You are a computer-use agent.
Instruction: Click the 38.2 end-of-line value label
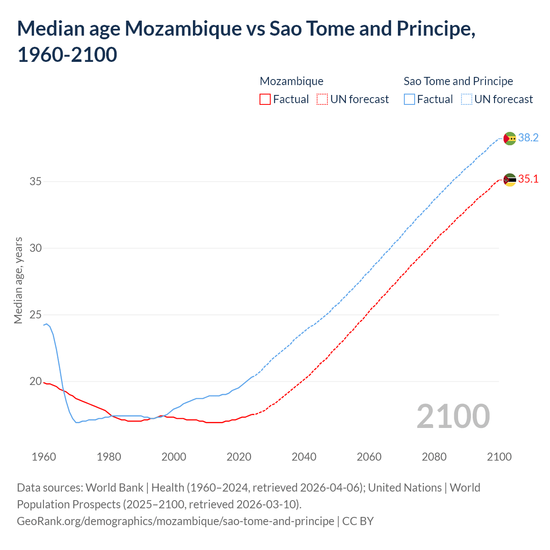528,137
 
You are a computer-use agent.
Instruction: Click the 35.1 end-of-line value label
528,179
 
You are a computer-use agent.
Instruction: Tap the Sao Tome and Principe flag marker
510,138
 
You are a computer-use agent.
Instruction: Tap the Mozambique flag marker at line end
510,180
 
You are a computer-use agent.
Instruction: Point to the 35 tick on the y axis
36,181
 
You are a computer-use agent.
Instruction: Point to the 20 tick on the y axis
36,382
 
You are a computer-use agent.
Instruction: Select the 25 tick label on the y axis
36,315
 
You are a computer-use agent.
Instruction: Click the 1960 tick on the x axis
44,457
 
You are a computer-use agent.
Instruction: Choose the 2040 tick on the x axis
304,457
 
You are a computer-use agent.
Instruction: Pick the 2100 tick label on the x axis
499,457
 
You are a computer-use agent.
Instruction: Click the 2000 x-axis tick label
174,457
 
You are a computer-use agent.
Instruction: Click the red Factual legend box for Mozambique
265,99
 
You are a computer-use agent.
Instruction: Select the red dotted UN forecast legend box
322,99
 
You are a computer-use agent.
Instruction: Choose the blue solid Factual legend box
409,99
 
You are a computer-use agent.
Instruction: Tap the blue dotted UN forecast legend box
467,99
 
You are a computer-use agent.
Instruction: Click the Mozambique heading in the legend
291,81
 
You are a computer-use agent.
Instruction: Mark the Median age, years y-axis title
18,280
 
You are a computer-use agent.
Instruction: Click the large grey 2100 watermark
453,416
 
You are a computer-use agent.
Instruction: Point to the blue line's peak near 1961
46,324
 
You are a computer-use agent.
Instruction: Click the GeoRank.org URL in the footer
175,521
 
